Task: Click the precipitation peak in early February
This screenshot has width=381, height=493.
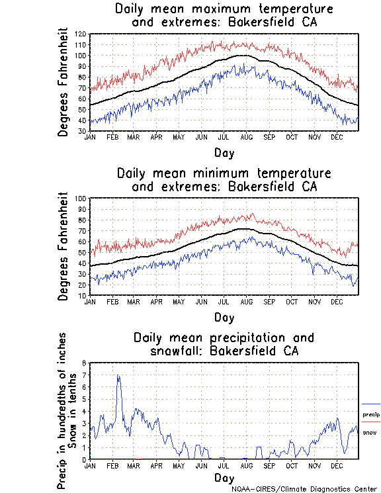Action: click(118, 376)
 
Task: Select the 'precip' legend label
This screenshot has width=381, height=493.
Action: click(370, 414)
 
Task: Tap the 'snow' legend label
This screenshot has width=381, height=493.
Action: click(370, 432)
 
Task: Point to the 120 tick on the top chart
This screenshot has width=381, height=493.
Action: click(81, 34)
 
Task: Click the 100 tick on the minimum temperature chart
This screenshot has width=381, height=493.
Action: click(81, 199)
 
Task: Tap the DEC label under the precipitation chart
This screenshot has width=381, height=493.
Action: click(337, 466)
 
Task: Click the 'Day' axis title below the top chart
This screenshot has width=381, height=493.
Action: click(224, 153)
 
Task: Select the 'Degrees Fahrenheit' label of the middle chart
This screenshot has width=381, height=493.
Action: click(64, 246)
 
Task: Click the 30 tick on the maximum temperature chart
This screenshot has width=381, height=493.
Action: click(82, 130)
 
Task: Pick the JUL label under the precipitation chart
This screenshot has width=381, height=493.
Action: click(224, 466)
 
